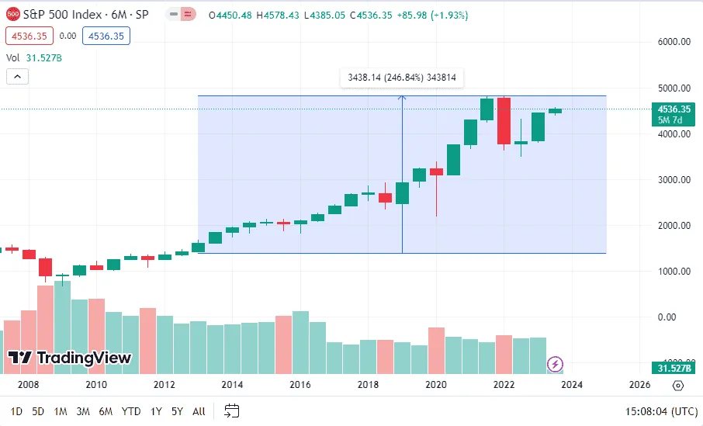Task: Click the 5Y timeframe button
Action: coord(177,411)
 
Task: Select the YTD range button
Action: coord(131,411)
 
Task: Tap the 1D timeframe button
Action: coord(16,411)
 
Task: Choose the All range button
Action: coord(199,411)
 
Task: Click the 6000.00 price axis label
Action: coord(673,42)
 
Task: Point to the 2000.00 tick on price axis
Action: coord(673,225)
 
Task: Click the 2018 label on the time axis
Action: coord(368,385)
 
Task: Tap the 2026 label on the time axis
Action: coord(640,385)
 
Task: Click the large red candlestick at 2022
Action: coord(504,121)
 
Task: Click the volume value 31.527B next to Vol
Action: coord(43,57)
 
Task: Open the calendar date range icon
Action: coord(231,410)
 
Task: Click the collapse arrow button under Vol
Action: coord(17,76)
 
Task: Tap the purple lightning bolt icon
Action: coord(556,364)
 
